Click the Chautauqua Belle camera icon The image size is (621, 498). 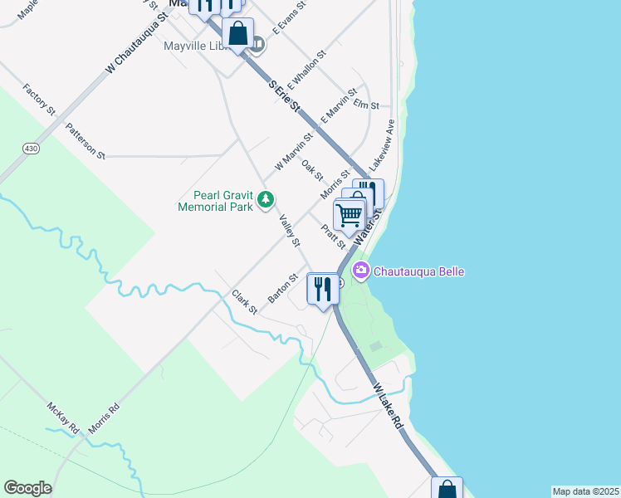361,271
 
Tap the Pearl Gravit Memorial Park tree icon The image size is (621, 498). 265,199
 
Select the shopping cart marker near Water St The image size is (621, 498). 350,215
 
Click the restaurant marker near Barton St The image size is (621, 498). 321,288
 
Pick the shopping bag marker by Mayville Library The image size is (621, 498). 237,34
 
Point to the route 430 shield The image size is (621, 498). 31,148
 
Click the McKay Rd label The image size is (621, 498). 62,417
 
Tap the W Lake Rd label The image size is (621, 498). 388,406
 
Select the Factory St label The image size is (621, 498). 40,99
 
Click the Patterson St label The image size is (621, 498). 86,141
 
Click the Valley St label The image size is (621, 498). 289,230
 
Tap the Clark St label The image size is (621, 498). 245,301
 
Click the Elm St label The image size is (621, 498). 365,105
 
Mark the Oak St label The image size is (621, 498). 312,168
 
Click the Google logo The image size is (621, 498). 27,488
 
